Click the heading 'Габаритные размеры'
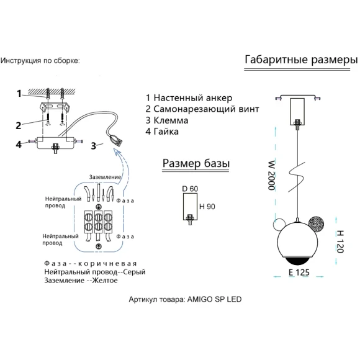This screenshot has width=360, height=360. point(301,60)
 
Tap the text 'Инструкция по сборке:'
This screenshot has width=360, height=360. point(40,61)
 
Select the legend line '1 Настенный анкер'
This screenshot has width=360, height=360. point(189,98)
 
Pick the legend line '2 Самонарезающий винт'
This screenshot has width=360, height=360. point(202,109)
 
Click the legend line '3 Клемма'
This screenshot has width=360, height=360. point(167,120)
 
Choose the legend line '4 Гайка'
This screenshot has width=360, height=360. point(162,132)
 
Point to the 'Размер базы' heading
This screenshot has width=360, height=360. point(196,163)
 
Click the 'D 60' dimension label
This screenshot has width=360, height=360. point(190,189)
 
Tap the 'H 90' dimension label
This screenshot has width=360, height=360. point(207,207)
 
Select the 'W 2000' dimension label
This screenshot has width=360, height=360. point(272,176)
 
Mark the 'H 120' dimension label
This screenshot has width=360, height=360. point(340,242)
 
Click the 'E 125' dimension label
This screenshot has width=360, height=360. point(299,272)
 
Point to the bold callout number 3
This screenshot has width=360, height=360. point(94,146)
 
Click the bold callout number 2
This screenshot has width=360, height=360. point(19,125)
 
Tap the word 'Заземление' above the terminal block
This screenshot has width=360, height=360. point(105,177)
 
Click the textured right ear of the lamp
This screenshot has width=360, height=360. point(316,223)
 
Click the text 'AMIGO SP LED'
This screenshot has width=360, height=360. point(214,299)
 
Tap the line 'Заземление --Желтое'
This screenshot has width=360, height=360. point(81,281)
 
